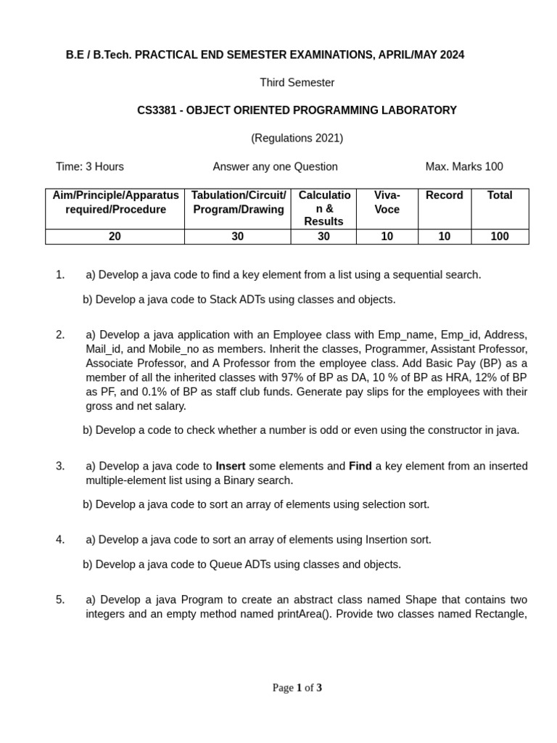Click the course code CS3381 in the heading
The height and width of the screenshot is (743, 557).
(156, 110)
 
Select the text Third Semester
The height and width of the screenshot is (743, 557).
(297, 83)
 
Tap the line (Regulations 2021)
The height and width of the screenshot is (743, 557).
(297, 138)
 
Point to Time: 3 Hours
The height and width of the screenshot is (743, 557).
(90, 167)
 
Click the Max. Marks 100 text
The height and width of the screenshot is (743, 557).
(464, 167)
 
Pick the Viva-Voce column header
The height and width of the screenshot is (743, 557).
(387, 202)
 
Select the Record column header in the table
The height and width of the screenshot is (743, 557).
(444, 195)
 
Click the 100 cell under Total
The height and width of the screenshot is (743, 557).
(500, 237)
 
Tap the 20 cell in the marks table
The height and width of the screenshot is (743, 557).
(115, 237)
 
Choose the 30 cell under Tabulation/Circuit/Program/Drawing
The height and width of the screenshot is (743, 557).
(237, 237)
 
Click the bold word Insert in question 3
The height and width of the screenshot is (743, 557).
(231, 466)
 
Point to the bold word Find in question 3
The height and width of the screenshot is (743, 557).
(360, 466)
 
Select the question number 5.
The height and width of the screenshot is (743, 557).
(60, 599)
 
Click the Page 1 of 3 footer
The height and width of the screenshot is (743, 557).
(297, 688)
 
